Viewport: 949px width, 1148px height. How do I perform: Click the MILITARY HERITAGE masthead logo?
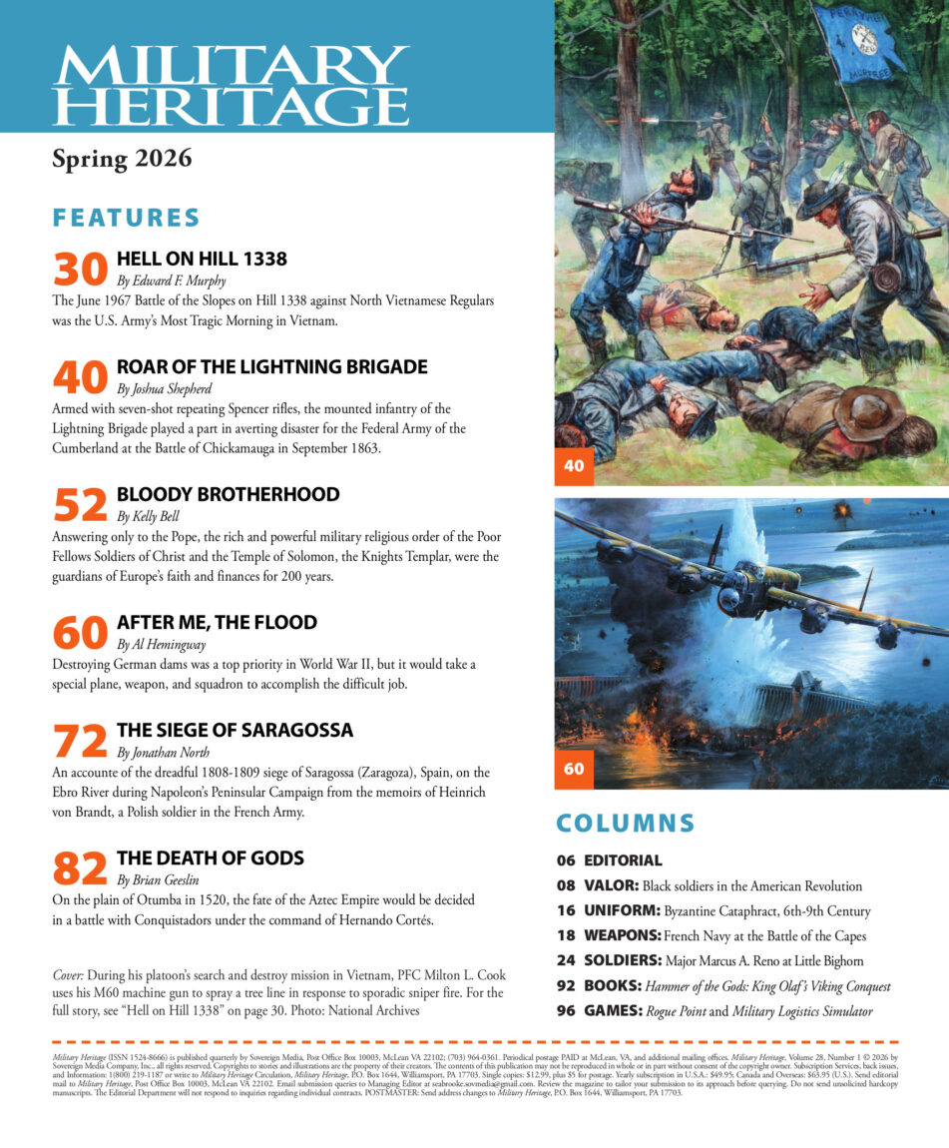tap(231, 84)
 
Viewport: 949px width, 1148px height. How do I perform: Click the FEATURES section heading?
tap(126, 218)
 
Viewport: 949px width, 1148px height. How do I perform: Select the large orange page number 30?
tap(80, 270)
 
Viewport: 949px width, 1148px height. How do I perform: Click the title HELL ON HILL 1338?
tap(202, 259)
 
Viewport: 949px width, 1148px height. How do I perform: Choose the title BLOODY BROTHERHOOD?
tap(228, 494)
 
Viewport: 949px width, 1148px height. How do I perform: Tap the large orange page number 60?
tap(80, 633)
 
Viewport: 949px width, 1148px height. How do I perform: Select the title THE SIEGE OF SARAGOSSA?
tap(235, 730)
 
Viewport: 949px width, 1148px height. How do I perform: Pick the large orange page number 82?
tap(80, 868)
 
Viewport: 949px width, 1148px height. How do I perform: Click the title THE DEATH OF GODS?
tap(210, 858)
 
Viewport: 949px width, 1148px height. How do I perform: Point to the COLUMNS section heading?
tap(625, 823)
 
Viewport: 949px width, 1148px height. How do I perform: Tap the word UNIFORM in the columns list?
tap(623, 910)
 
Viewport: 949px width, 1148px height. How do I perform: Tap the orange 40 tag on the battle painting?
tap(574, 465)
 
